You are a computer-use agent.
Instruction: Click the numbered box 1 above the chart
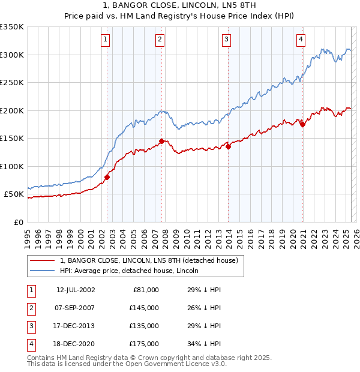coord(105,40)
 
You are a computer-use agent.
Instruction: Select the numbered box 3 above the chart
coord(226,40)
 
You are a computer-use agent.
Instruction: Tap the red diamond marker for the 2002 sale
coord(107,177)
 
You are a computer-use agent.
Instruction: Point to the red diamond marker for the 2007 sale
coord(162,142)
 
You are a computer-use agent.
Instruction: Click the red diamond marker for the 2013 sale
coord(229,146)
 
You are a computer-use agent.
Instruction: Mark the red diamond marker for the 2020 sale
coord(302,124)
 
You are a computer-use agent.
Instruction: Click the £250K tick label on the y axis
coord(11,83)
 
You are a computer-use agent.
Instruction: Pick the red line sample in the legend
coord(42,261)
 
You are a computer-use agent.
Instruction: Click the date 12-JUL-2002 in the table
coord(76,290)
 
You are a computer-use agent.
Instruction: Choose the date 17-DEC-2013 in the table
coord(76,326)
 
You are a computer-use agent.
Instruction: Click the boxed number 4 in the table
coord(30,344)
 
